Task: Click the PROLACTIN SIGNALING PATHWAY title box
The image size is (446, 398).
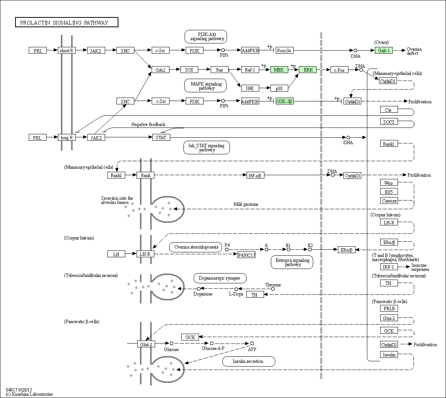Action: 67,23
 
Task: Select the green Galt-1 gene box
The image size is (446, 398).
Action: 384,50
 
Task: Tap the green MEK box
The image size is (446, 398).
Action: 279,70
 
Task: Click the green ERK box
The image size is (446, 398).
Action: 308,70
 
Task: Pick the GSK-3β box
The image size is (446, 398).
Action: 284,101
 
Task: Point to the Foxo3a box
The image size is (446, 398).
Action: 284,50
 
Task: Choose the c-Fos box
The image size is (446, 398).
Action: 339,70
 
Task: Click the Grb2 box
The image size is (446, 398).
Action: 160,70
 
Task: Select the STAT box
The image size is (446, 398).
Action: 161,137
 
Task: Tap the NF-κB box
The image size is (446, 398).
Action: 255,175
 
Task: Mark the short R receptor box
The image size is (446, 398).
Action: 67,50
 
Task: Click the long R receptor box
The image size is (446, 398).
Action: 67,137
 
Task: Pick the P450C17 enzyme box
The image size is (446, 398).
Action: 246,255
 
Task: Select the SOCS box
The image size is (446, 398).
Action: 389,122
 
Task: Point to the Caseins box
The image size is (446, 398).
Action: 389,201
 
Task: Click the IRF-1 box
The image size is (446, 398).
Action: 389,267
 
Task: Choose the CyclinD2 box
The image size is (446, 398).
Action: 389,344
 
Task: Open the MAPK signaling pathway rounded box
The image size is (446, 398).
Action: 206,86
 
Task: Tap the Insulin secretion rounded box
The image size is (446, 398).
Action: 248,361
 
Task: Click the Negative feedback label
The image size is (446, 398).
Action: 148,124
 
